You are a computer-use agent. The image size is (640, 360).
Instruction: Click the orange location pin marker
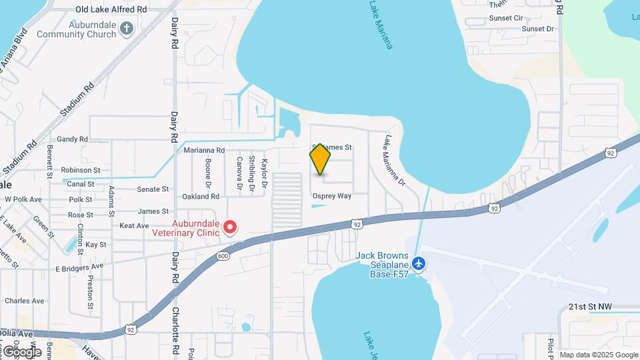coord(321,159)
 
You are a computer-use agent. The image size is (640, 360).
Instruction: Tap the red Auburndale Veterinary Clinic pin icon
coord(230,227)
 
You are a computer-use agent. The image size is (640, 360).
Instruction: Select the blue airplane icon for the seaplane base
coord(419,264)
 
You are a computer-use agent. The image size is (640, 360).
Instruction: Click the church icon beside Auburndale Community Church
coord(128,28)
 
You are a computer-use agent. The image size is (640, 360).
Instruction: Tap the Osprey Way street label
coord(331,196)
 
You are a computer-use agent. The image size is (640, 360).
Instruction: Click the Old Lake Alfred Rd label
coord(111,10)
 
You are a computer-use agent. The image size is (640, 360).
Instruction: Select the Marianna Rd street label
coord(205,151)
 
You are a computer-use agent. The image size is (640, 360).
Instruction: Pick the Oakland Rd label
coord(201,197)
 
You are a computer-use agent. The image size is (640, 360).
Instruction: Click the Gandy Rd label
coord(73,139)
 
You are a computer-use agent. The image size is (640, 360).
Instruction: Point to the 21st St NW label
coord(589,307)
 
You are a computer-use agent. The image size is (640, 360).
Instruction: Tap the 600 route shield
coord(223,256)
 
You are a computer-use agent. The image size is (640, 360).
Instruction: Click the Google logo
coord(21,351)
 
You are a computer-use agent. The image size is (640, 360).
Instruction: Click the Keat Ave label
coord(133,226)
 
